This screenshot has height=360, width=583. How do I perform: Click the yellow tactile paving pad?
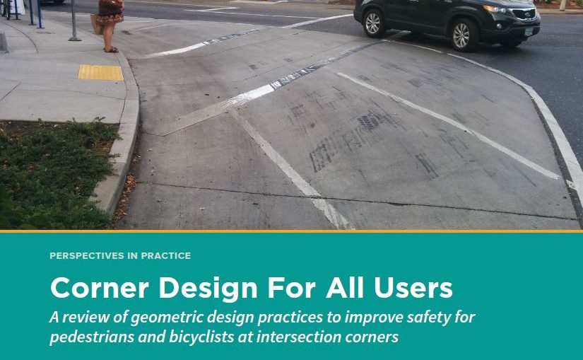(x=100, y=72)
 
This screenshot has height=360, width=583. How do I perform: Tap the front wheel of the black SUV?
(x=460, y=33)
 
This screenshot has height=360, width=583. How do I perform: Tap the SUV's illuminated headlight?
(x=495, y=10)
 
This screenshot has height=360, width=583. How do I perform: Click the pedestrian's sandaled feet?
(x=111, y=50)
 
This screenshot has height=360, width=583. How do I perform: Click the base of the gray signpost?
(x=74, y=38)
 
